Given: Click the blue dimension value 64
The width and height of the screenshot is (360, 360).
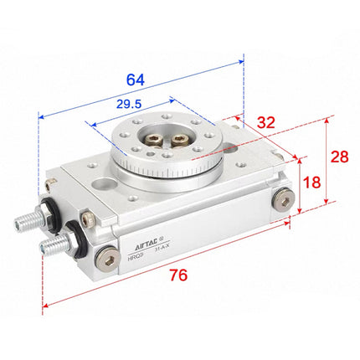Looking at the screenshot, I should point(135,80).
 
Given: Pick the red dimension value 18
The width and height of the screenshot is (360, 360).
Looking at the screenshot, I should point(312,183).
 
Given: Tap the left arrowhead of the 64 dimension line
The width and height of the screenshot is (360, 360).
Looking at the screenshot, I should point(41,116).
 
